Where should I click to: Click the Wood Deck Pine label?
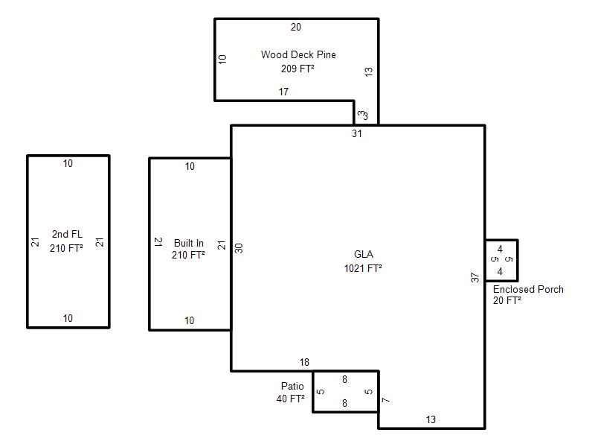297,54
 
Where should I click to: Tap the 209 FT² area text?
297,69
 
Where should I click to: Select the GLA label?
364,254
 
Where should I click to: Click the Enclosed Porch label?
528,289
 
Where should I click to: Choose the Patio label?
292,386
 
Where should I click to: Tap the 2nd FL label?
67,234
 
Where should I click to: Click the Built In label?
189,243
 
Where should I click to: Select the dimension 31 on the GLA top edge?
357,134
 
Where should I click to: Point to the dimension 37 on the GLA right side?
475,278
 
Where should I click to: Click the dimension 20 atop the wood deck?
296,28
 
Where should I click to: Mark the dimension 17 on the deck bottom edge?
283,92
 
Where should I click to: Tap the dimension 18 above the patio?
304,362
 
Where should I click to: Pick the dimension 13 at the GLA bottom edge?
431,420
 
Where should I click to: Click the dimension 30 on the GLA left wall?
239,248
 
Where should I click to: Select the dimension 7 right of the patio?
385,401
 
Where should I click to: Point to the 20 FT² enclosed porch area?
506,301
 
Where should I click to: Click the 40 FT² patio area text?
291,399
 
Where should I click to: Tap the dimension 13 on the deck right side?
369,72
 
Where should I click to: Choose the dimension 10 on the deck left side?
222,58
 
